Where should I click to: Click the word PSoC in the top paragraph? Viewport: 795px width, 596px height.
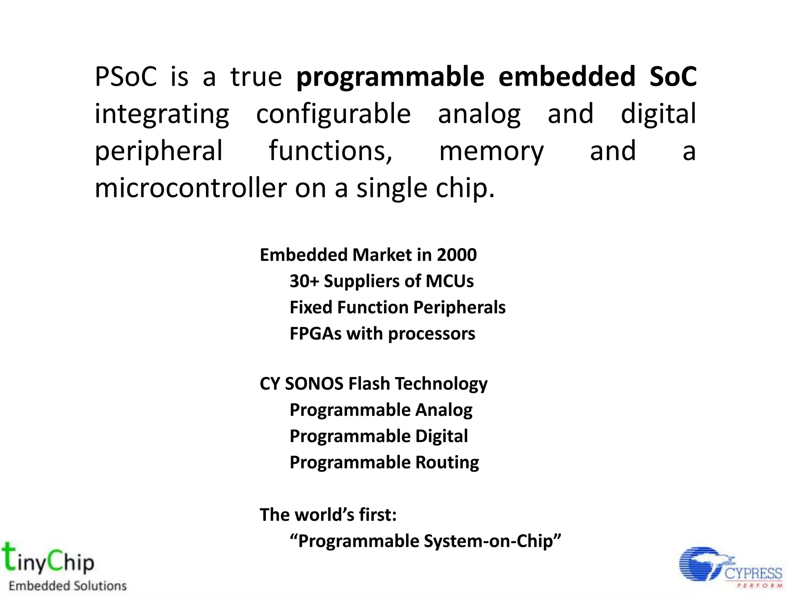125,76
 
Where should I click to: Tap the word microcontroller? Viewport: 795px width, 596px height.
190,188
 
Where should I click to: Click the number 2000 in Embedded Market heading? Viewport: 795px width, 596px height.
457,255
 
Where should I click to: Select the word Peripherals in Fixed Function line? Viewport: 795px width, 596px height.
459,308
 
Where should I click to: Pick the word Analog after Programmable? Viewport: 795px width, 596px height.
444,410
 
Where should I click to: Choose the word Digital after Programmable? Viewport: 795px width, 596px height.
441,437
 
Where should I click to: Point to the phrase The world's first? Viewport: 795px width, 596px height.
328,515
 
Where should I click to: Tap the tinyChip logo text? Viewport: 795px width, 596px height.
49,560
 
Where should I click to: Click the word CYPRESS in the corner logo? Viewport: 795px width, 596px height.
753,573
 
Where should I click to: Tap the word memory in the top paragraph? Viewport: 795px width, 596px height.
491,151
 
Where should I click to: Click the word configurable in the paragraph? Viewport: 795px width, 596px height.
333,114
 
